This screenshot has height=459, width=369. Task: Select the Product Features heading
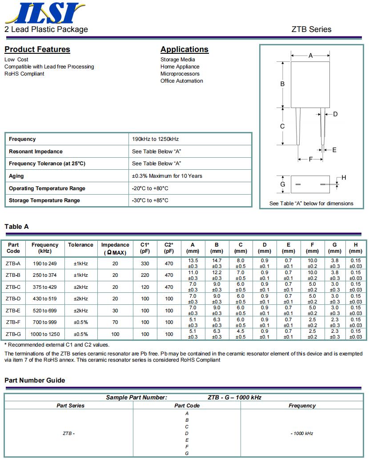[37, 49]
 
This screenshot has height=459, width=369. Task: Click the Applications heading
[184, 49]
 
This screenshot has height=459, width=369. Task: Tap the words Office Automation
[181, 81]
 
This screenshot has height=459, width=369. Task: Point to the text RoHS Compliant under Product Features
[24, 74]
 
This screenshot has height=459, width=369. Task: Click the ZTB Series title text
[311, 29]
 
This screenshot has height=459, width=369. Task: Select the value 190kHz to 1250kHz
[155, 139]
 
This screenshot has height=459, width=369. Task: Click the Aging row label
[16, 176]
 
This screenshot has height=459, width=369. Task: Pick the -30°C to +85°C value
[150, 200]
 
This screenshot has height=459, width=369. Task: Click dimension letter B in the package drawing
[282, 84]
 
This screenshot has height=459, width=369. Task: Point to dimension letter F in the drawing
[310, 159]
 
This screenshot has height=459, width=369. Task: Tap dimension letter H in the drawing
[344, 178]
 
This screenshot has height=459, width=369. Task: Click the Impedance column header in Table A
[115, 248]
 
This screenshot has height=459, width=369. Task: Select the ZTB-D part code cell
[13, 299]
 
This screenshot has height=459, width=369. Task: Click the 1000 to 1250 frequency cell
[45, 334]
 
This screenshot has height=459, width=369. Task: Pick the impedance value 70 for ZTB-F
[115, 322]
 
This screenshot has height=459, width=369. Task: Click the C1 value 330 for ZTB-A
[145, 263]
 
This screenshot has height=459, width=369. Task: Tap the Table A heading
[16, 227]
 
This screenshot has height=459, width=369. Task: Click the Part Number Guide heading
[35, 380]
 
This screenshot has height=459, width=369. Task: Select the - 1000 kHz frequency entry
[302, 433]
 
